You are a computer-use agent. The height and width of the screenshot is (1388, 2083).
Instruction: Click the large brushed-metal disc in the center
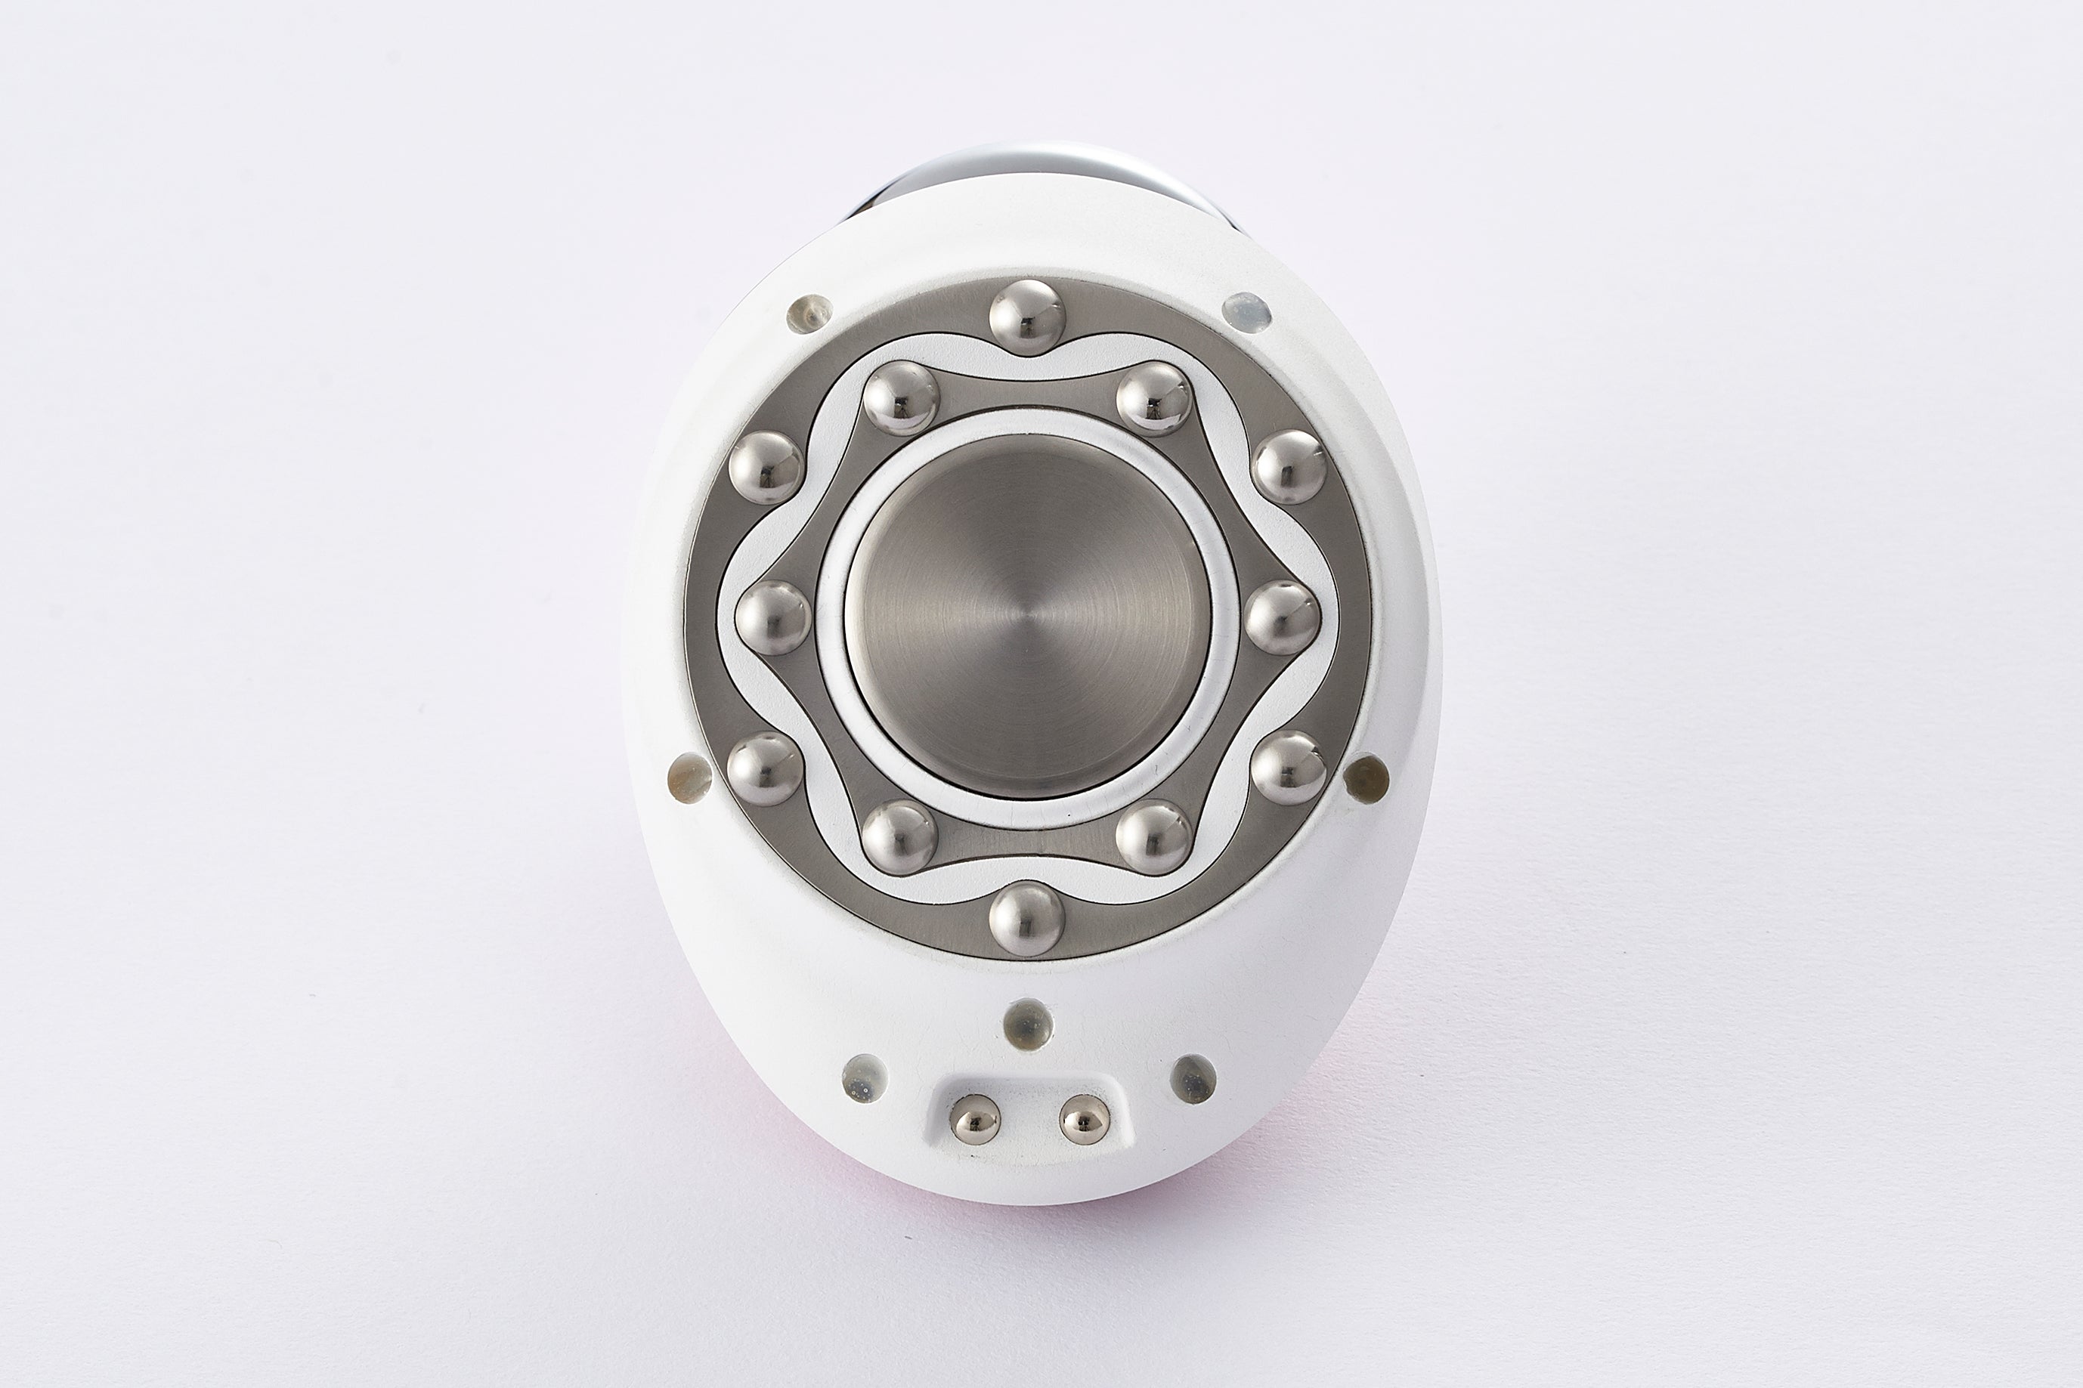(x=1028, y=616)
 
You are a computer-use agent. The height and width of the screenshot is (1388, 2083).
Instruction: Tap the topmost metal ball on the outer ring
(x=1027, y=317)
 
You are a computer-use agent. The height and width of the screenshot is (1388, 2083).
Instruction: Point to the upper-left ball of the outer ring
(x=766, y=468)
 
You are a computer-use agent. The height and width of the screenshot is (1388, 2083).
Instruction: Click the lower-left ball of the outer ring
(x=766, y=768)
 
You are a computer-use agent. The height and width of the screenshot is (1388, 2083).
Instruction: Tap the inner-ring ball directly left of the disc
(x=773, y=618)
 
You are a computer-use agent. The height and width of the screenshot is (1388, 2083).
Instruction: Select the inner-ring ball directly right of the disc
(x=1283, y=618)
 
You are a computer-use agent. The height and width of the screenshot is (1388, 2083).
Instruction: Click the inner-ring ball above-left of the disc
(x=900, y=397)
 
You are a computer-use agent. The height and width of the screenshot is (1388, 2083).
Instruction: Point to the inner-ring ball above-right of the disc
(x=1154, y=397)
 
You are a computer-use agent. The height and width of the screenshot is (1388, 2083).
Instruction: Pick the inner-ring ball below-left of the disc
(x=899, y=836)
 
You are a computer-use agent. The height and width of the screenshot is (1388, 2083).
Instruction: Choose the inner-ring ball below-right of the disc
(x=1154, y=836)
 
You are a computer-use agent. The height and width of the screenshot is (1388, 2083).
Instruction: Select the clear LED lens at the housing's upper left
(x=809, y=314)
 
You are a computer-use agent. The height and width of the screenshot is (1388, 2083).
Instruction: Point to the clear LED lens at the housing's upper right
(x=1246, y=311)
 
